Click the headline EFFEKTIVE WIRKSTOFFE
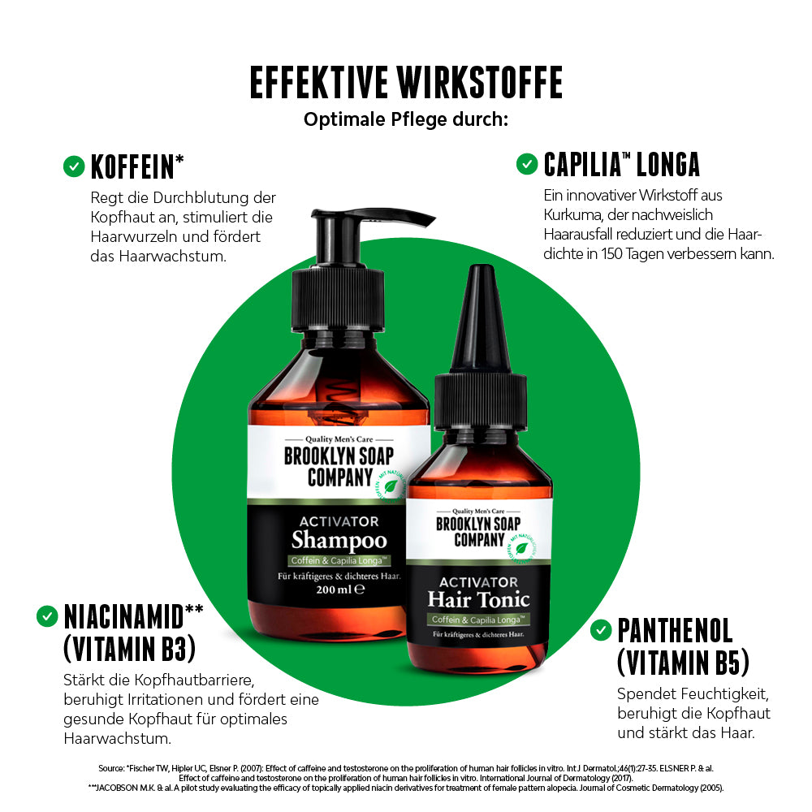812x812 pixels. click(406, 83)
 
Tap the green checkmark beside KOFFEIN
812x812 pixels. click(74, 166)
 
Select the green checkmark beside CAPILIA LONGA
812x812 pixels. click(527, 164)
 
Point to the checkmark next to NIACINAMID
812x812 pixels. click(47, 616)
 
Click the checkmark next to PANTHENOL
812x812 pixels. click(601, 629)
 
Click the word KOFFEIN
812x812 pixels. click(133, 166)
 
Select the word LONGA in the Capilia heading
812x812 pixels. click(668, 164)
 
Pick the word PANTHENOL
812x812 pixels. click(675, 630)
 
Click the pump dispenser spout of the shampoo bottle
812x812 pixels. click(406, 218)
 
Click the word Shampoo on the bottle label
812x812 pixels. click(339, 541)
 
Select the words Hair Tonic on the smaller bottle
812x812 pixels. click(479, 600)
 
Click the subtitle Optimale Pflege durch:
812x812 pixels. click(406, 119)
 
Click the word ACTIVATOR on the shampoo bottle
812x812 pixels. click(339, 520)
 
